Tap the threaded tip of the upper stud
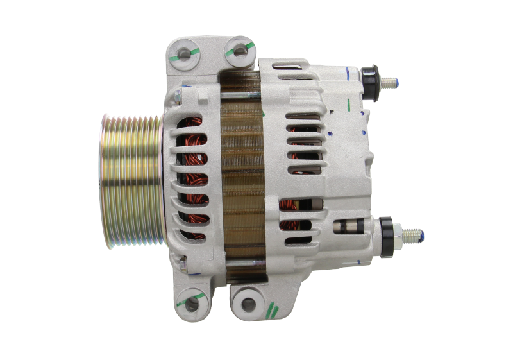click(392, 81)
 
